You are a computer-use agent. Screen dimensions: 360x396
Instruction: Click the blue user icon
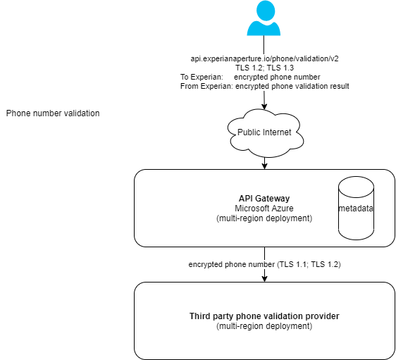(x=264, y=19)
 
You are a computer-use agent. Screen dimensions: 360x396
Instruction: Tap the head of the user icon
(x=264, y=10)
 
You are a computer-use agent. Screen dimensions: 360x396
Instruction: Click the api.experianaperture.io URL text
(x=264, y=58)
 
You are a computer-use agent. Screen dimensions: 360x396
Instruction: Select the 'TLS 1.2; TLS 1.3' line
(x=264, y=68)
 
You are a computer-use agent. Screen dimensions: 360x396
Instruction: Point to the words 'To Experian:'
(x=202, y=77)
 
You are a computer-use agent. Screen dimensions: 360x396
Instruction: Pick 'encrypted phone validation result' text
(x=292, y=86)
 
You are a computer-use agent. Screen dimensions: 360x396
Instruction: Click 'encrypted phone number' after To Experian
(x=280, y=77)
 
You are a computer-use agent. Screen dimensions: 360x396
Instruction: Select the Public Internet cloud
(x=264, y=132)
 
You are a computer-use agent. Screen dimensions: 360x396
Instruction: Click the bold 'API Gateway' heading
(x=264, y=199)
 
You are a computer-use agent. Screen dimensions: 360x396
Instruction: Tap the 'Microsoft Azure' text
(x=264, y=209)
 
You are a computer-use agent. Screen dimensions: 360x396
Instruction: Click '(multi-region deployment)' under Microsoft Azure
(x=264, y=218)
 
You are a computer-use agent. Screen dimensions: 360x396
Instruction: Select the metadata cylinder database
(x=356, y=209)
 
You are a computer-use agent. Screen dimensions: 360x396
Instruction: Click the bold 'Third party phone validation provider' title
(x=264, y=316)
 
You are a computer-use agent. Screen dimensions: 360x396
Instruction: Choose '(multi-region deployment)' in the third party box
(x=264, y=326)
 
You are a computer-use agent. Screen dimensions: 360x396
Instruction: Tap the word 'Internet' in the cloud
(x=277, y=132)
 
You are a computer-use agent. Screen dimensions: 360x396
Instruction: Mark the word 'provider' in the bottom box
(x=322, y=316)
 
